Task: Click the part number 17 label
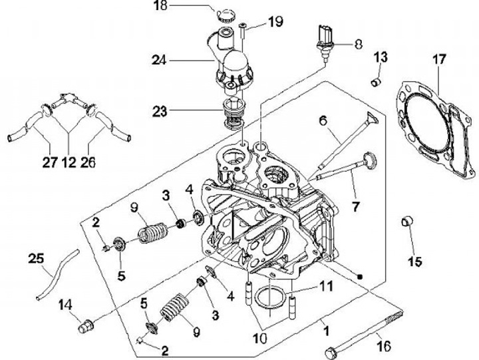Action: [x=438, y=59]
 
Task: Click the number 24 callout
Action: [x=157, y=59]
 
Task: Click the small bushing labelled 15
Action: [x=408, y=223]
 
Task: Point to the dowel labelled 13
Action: [x=376, y=82]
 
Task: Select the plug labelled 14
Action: [x=85, y=326]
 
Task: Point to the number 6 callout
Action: [x=323, y=121]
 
